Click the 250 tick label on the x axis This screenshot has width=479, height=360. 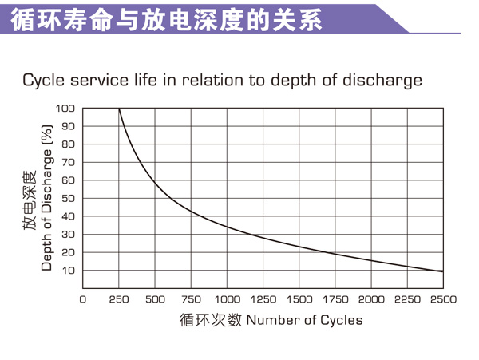click(119, 299)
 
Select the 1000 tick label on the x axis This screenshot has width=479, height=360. click(228, 299)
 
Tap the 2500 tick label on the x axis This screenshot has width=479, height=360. click(443, 299)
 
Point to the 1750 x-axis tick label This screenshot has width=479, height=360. click(335, 299)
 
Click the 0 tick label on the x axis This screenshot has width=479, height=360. click(83, 299)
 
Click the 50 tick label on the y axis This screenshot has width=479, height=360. click(68, 198)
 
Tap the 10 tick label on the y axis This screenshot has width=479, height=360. click(68, 271)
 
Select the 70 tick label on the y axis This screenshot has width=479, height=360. click(68, 162)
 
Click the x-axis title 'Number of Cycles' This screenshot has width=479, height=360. click(304, 320)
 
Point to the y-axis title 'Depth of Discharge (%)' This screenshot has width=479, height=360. click(46, 197)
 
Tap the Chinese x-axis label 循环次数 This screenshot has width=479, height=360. click(210, 320)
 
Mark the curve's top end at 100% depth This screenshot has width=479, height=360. click(119, 109)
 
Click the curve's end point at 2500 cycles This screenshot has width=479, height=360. click(442, 271)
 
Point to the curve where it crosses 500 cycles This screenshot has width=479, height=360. click(155, 183)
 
